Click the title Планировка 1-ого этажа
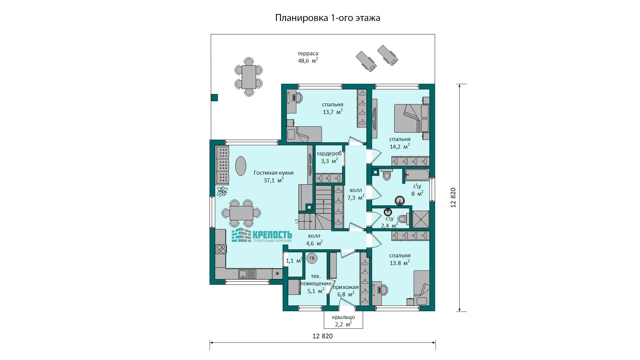pyautogui.click(x=328, y=18)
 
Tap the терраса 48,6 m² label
pyautogui.click(x=308, y=57)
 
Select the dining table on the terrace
pyautogui.click(x=249, y=77)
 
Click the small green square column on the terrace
pyautogui.click(x=214, y=97)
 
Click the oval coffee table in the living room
pyautogui.click(x=241, y=166)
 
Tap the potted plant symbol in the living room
pyautogui.click(x=222, y=191)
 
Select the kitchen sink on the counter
pyautogui.click(x=247, y=274)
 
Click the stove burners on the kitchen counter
pyautogui.click(x=221, y=249)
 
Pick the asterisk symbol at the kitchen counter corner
pyautogui.click(x=277, y=274)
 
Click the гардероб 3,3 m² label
pyautogui.click(x=329, y=157)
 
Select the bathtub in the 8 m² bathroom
pyautogui.click(x=417, y=175)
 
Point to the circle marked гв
pyautogui.click(x=312, y=258)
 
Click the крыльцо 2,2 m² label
pyautogui.click(x=343, y=321)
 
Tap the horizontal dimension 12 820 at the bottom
pyautogui.click(x=323, y=336)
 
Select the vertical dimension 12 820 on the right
pyautogui.click(x=453, y=198)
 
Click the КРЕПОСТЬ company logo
pyautogui.click(x=262, y=235)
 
